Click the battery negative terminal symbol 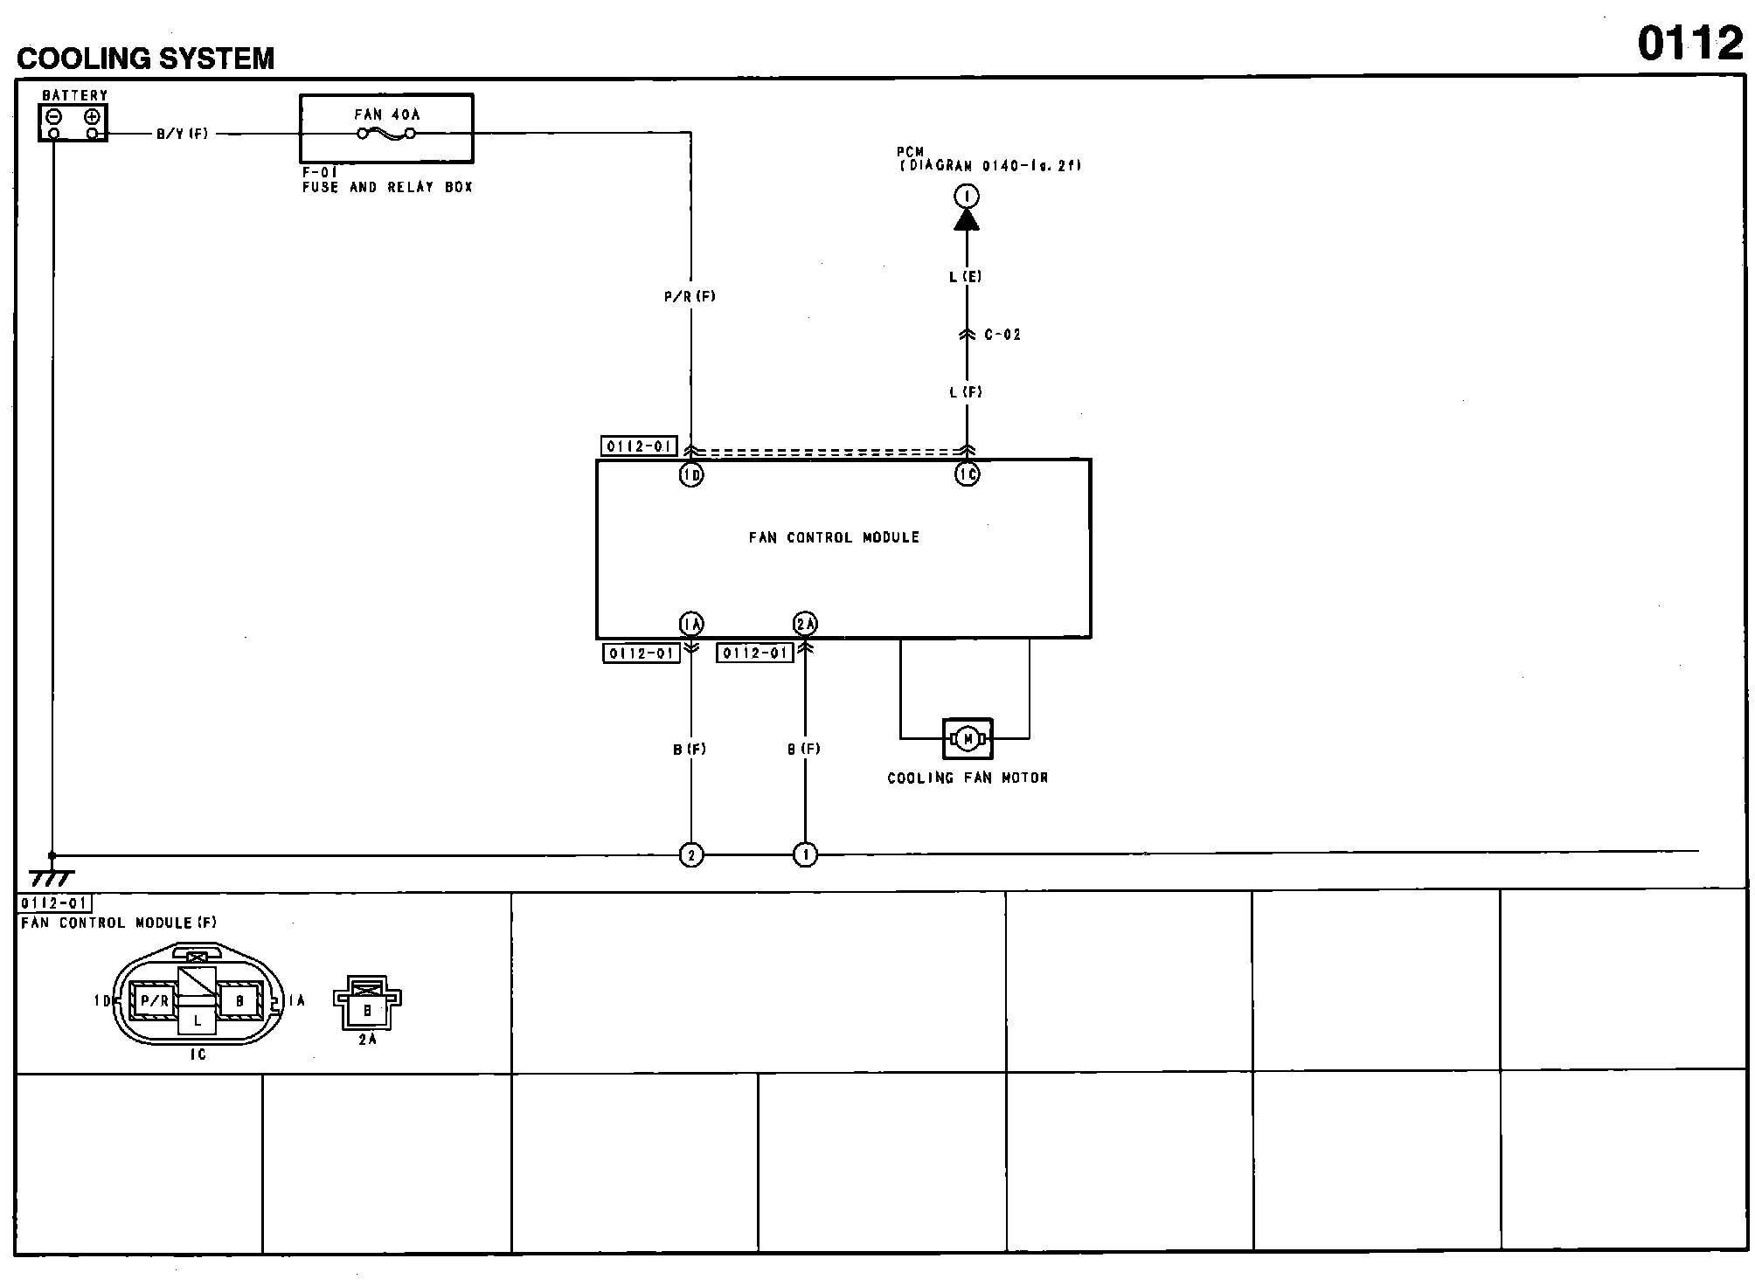pos(54,116)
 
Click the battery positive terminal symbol pos(93,116)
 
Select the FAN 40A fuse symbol pos(386,134)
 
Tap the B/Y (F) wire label pos(183,135)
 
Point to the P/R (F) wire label pos(690,297)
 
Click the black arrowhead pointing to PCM pos(966,219)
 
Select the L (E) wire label pos(966,277)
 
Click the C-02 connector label pos(1002,335)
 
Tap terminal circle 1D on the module pos(691,474)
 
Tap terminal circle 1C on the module pos(967,474)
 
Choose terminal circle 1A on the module pos(691,624)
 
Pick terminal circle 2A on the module pos(805,624)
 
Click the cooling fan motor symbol pos(968,739)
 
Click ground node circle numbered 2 pos(691,855)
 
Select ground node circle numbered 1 pos(805,855)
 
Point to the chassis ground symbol pos(52,878)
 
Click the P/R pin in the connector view pos(154,1001)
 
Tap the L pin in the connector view pos(198,1020)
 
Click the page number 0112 pos(1689,44)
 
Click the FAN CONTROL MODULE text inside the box pos(834,538)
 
